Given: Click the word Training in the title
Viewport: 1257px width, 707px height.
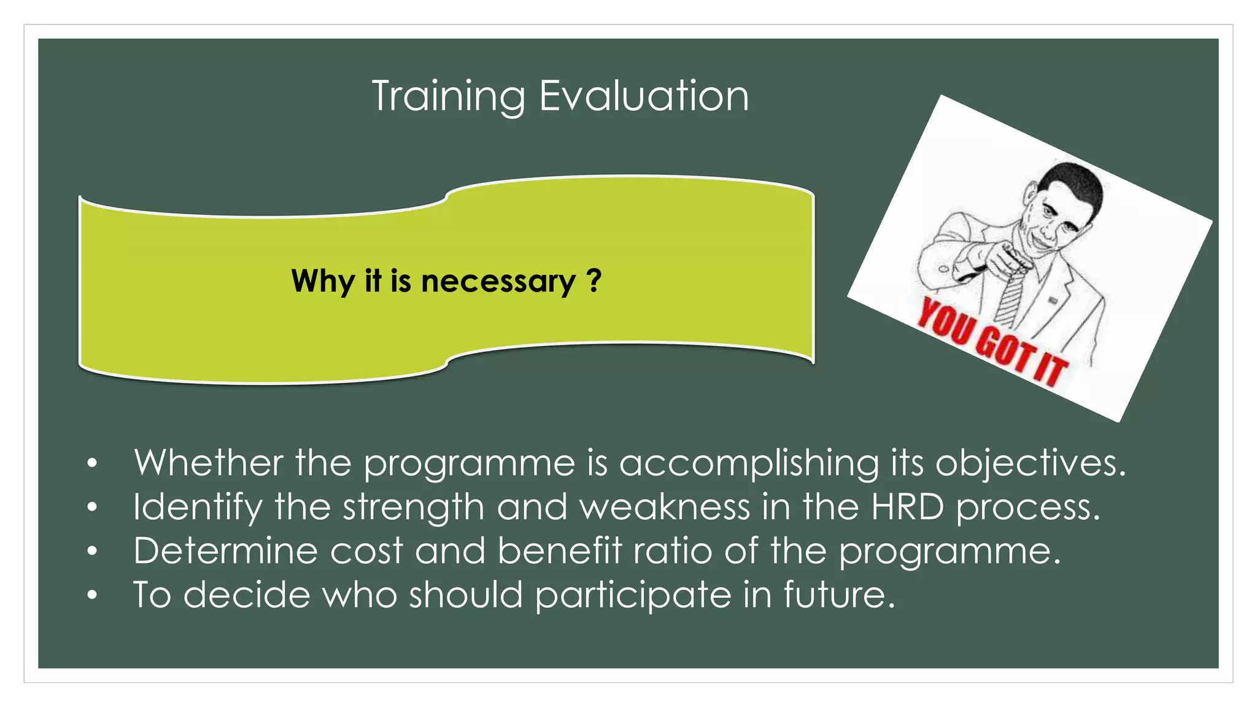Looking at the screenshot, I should coord(448,96).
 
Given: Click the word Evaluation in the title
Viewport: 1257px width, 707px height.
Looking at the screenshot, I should coord(644,96).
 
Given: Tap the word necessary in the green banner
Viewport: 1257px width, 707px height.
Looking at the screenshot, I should coord(498,282).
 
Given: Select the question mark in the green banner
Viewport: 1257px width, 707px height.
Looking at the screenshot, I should coord(594,280).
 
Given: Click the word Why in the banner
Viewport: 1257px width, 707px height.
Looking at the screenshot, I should coord(322,282).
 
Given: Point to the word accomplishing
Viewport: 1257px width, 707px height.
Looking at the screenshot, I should coord(749,463).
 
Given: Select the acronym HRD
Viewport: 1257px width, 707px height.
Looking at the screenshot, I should coord(907,508).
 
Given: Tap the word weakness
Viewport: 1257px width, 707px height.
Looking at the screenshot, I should coord(665,508).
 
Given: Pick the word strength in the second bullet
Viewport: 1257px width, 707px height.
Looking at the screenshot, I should coord(413,508).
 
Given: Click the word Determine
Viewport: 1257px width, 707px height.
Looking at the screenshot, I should coord(225,551).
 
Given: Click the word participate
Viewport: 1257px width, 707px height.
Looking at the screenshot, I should coord(633,595).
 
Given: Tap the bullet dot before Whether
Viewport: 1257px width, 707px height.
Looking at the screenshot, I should coord(92,463).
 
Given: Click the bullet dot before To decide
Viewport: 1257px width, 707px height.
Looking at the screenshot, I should coord(92,595).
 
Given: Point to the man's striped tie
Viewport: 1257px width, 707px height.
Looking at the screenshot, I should coord(1010,298).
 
